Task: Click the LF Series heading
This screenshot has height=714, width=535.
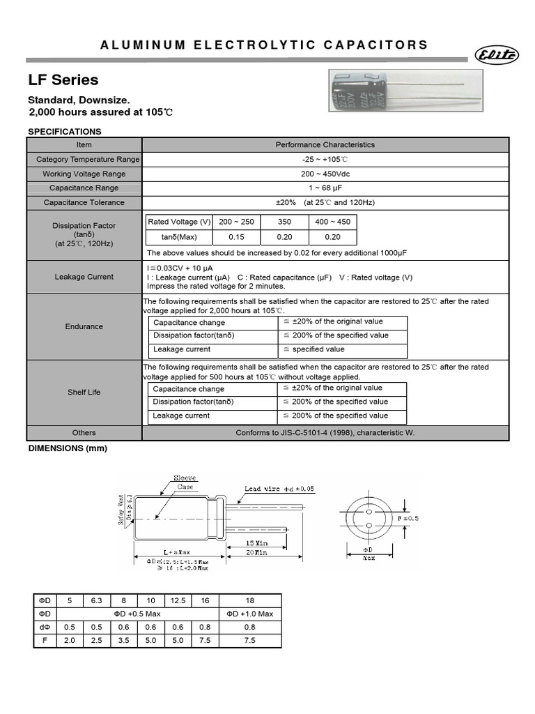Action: coord(63,80)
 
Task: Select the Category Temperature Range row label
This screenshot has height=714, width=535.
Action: coord(88,160)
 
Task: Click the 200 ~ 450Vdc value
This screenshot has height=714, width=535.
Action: coord(325,174)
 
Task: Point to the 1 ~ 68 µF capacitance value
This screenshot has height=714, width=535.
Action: coord(325,188)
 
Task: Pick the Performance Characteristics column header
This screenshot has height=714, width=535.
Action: coord(325,145)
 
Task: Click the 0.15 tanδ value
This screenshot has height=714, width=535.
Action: coord(236,237)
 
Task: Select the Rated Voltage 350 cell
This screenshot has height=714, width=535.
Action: coord(284,222)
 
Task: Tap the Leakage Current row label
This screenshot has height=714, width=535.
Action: coord(84,277)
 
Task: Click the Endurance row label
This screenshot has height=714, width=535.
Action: coord(84,326)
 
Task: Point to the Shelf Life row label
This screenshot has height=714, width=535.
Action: coord(84,393)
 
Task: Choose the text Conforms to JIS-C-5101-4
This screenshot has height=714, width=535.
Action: coord(325,433)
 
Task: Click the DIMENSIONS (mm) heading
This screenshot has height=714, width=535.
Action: coord(68,449)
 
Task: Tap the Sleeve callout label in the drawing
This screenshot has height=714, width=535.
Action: coord(185,478)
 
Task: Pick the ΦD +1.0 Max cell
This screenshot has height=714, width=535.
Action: coord(251,614)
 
